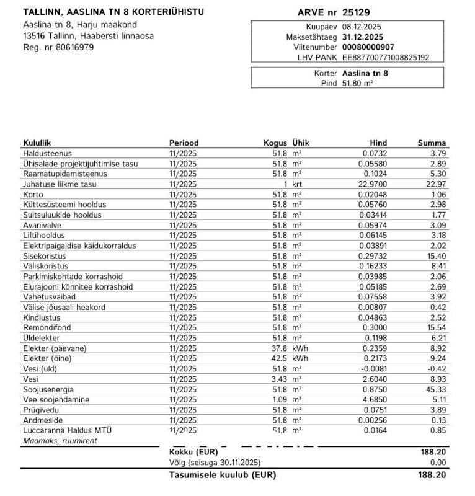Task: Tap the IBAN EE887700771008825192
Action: click(385, 57)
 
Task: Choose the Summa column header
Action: click(432, 143)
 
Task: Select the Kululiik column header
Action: click(37, 143)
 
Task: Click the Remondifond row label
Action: click(47, 327)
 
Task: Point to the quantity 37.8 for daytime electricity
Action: click(278, 348)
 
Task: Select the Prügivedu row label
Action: click(41, 410)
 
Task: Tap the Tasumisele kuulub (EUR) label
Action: click(223, 476)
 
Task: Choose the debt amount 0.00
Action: click(438, 463)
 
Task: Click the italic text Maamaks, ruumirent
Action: click(60, 441)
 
